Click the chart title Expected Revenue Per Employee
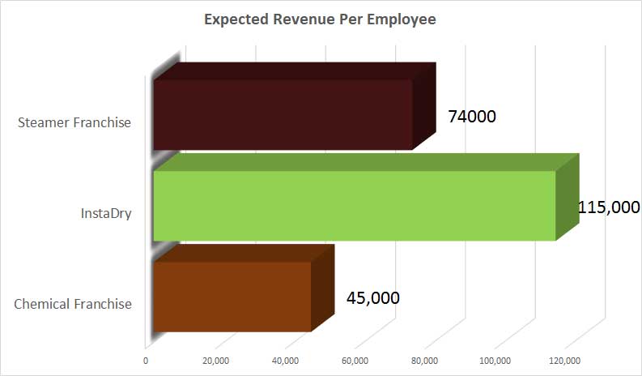(x=320, y=19)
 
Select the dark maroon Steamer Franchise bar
(x=283, y=114)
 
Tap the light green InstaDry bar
(x=354, y=205)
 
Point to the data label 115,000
(x=609, y=207)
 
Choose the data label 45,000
(x=372, y=297)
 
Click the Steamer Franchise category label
(x=74, y=123)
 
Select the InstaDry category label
(x=106, y=214)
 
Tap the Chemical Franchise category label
(x=73, y=305)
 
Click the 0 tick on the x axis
(x=146, y=361)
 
